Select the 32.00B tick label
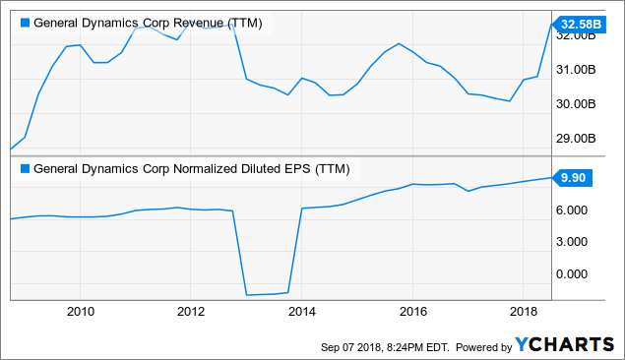[x=579, y=36]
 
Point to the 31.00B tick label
[x=579, y=70]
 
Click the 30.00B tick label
[x=579, y=104]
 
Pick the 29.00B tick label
[x=579, y=139]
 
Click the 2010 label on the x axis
[x=80, y=312]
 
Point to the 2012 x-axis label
[x=191, y=312]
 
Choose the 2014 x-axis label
[x=302, y=312]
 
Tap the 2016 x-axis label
[x=413, y=312]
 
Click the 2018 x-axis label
[x=524, y=312]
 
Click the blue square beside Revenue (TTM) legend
[x=25, y=23]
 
